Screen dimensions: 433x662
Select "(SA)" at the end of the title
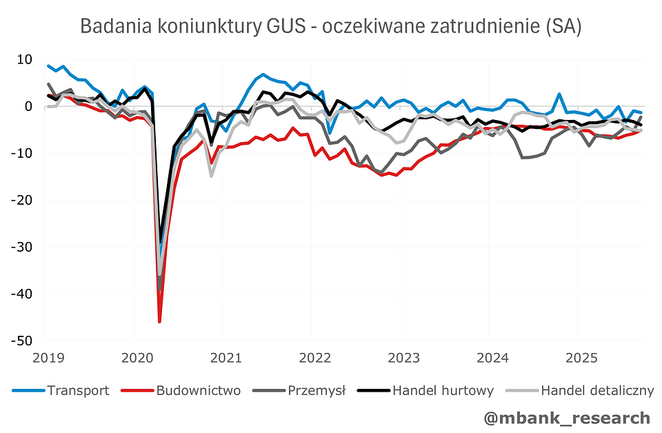click(563, 27)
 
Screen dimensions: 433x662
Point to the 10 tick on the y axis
click(24, 59)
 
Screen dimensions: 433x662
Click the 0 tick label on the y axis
click(28, 106)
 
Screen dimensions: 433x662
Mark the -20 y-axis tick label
click(22, 200)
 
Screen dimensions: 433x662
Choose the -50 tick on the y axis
click(22, 341)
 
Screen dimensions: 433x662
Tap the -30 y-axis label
click(22, 247)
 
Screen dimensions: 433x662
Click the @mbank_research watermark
click(568, 417)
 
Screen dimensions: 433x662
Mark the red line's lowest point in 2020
click(160, 321)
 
